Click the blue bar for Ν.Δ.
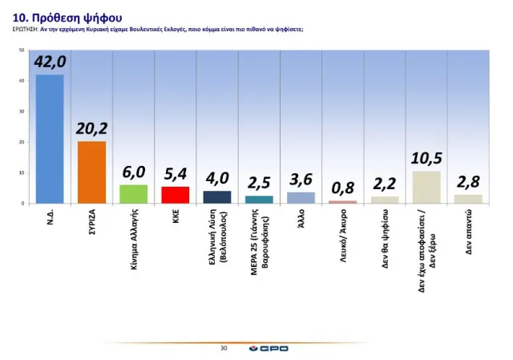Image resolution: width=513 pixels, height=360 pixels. [50, 138]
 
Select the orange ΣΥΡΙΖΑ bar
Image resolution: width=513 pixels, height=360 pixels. [91, 172]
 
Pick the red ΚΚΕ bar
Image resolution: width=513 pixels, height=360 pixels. [175, 195]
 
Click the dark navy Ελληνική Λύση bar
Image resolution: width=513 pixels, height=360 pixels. [216, 197]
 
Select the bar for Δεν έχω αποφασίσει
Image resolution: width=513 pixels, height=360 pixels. [426, 187]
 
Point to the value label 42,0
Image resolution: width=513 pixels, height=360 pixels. [50, 62]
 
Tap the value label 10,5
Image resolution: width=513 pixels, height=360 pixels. [426, 158]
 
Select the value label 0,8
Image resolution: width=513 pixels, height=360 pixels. [342, 188]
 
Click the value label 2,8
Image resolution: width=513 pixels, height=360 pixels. [467, 182]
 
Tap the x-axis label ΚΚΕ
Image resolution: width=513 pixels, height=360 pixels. [176, 216]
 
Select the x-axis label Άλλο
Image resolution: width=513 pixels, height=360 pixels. [301, 219]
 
